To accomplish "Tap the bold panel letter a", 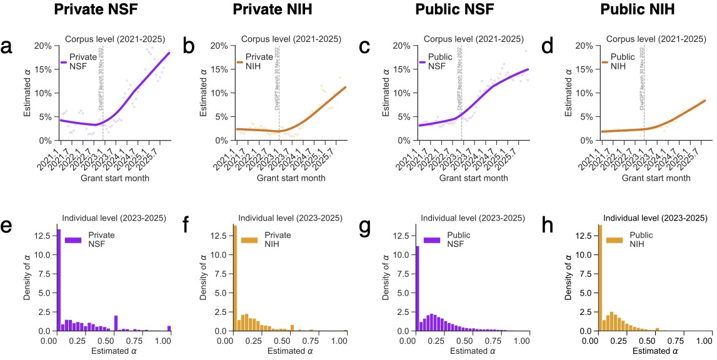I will (x=8, y=46).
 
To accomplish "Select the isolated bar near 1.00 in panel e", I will (x=169, y=327).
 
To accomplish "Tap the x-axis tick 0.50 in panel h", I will (x=648, y=342).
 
